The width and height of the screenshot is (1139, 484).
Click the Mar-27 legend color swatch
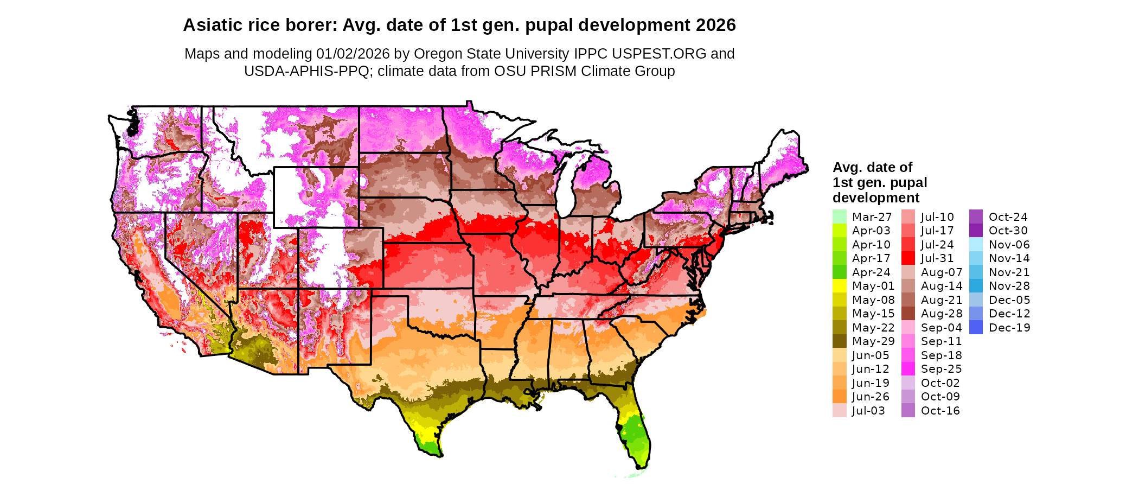[839, 216]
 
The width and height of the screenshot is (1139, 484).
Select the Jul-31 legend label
[937, 258]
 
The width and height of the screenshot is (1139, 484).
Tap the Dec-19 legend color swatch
[976, 327]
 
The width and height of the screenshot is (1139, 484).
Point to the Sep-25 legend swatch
[908, 369]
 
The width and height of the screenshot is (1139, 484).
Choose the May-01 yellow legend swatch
[839, 286]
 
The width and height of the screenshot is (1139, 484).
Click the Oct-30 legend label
[1008, 231]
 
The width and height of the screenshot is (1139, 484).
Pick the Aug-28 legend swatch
[908, 314]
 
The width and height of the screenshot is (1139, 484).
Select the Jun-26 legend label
[871, 397]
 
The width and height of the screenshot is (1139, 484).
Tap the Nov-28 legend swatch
[976, 286]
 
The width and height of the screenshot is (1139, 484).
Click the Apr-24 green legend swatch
[839, 272]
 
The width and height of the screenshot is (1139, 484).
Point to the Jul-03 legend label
[868, 411]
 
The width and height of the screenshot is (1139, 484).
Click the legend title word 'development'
[876, 198]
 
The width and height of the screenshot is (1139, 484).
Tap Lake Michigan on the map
[566, 184]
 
